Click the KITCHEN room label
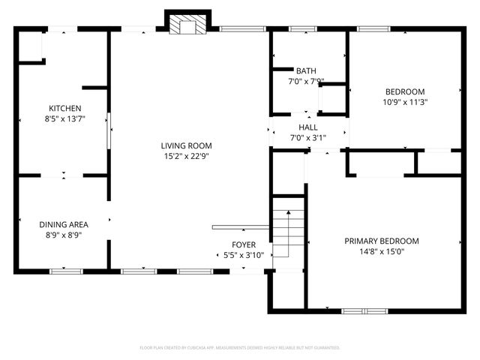point(64,108)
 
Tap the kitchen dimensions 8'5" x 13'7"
point(64,118)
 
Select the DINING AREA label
point(64,224)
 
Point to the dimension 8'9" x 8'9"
point(64,235)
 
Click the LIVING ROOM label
point(186,145)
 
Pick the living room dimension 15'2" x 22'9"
point(186,156)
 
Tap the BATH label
point(306,71)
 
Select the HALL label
point(308,127)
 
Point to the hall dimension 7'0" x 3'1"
point(308,138)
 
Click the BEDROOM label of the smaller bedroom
point(405,91)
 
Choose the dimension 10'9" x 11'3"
point(405,102)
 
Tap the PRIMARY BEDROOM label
point(381,241)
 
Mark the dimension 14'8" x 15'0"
point(381,251)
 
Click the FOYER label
point(243,245)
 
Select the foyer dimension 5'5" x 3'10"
point(243,256)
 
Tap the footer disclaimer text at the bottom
point(240,348)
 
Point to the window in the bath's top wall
point(302,29)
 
